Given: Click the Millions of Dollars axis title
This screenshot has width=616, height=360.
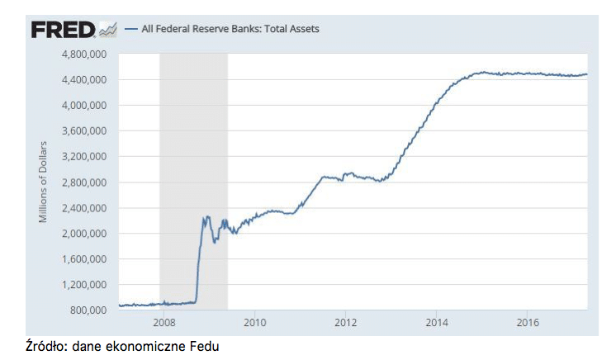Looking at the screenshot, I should coord(43,182).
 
